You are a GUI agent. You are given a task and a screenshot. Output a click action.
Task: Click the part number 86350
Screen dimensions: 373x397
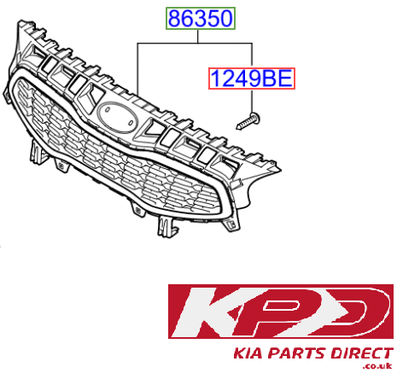(x=198, y=16)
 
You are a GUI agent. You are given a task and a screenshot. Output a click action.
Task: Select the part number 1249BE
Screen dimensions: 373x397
(x=251, y=80)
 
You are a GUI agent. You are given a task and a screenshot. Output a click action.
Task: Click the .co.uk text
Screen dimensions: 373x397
(x=376, y=366)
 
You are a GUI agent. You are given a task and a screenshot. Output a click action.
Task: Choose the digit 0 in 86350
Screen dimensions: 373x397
(x=222, y=16)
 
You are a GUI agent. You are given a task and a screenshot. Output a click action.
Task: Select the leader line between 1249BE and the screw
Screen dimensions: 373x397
(x=251, y=101)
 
